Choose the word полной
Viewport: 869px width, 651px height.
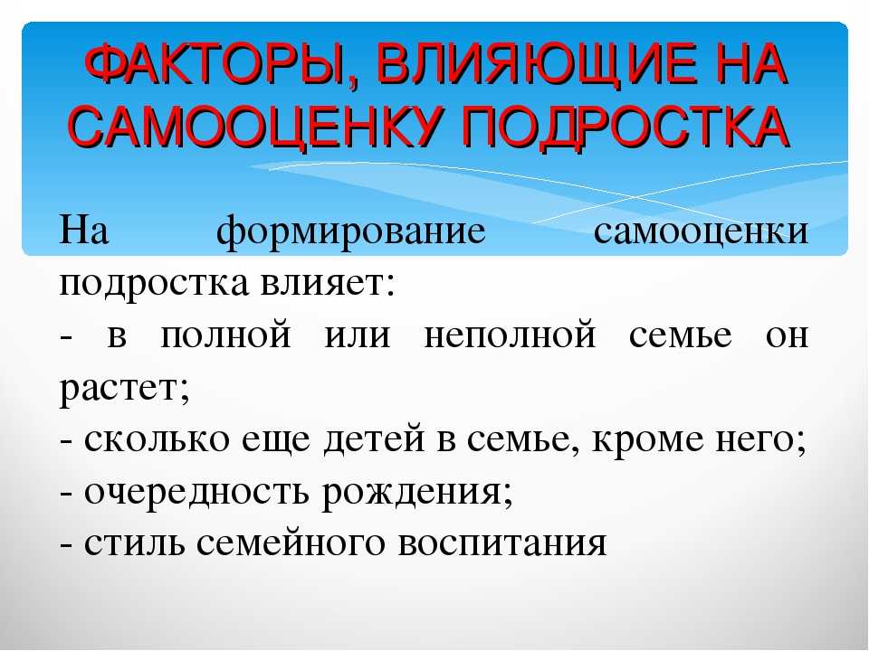click(225, 335)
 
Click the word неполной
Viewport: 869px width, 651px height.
click(510, 335)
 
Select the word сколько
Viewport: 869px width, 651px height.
click(157, 439)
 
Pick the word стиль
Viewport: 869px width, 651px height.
click(135, 543)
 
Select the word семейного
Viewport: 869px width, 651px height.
click(291, 543)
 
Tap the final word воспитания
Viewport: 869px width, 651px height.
click(502, 543)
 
